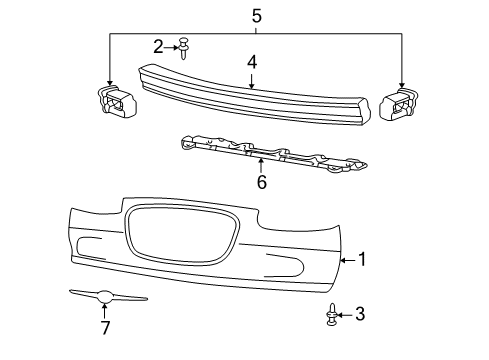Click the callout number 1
click(362, 260)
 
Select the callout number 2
click(159, 46)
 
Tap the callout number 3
click(360, 315)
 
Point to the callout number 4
click(253, 63)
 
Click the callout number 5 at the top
click(256, 15)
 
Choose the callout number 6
click(261, 182)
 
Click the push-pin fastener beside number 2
click(183, 45)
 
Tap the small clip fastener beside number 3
click(331, 316)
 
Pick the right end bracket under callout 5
click(399, 104)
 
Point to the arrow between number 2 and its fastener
click(172, 46)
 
